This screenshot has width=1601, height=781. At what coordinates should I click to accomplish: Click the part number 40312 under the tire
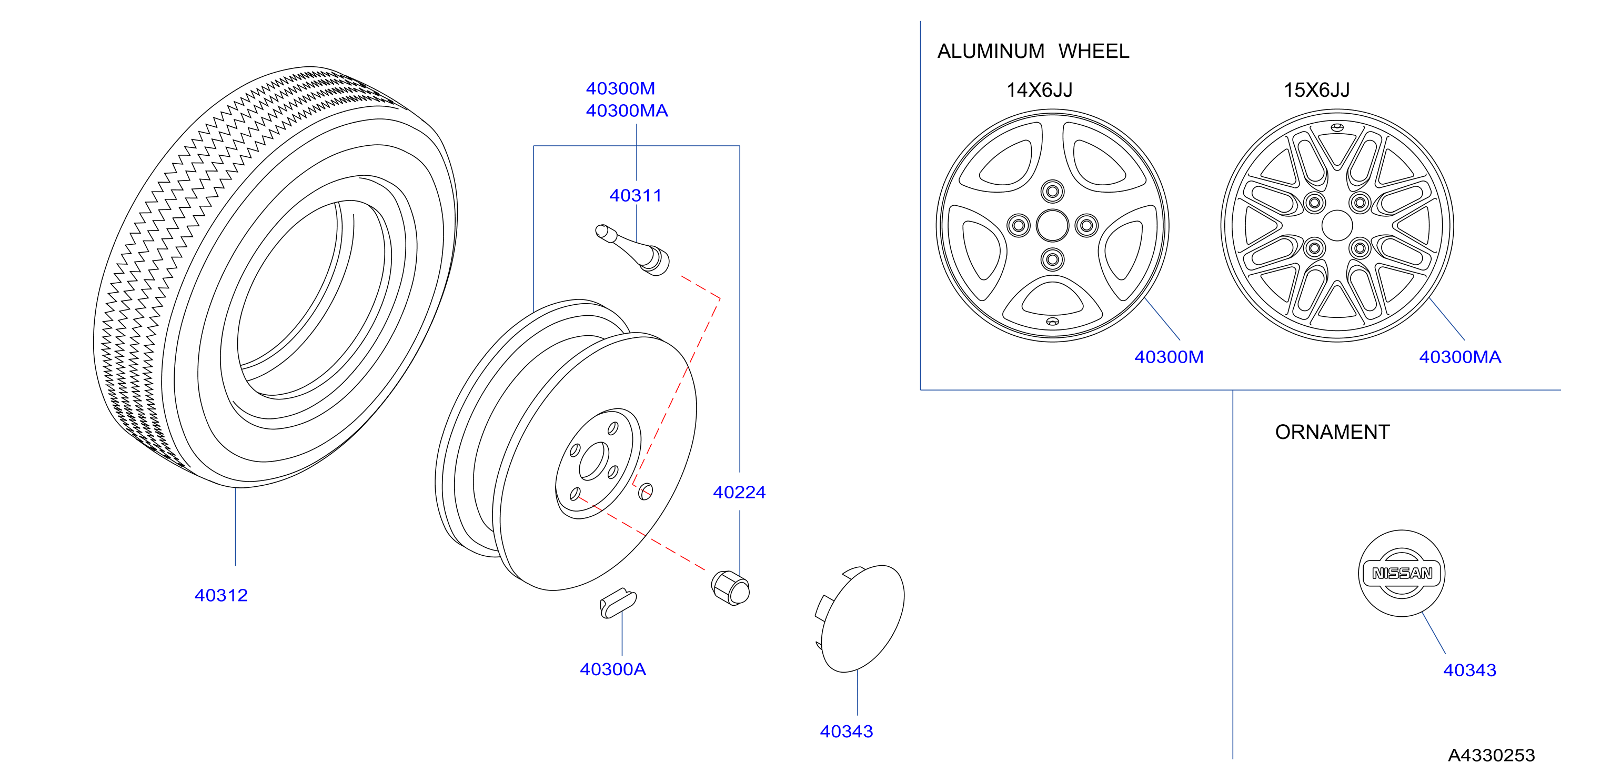pyautogui.click(x=221, y=595)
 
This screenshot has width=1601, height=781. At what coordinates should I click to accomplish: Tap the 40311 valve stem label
pyautogui.click(x=635, y=195)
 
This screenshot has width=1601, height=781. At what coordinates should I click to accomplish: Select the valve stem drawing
pyautogui.click(x=633, y=250)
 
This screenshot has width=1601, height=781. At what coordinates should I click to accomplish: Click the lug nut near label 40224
pyautogui.click(x=730, y=588)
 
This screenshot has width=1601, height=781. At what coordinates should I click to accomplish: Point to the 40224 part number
pyautogui.click(x=739, y=492)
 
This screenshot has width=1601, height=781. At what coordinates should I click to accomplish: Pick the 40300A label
pyautogui.click(x=613, y=669)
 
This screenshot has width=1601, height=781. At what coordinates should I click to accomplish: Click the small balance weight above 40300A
pyautogui.click(x=618, y=603)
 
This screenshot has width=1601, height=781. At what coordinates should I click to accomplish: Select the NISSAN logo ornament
pyautogui.click(x=1402, y=573)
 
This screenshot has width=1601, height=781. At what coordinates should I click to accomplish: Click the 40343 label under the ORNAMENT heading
pyautogui.click(x=1469, y=670)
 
